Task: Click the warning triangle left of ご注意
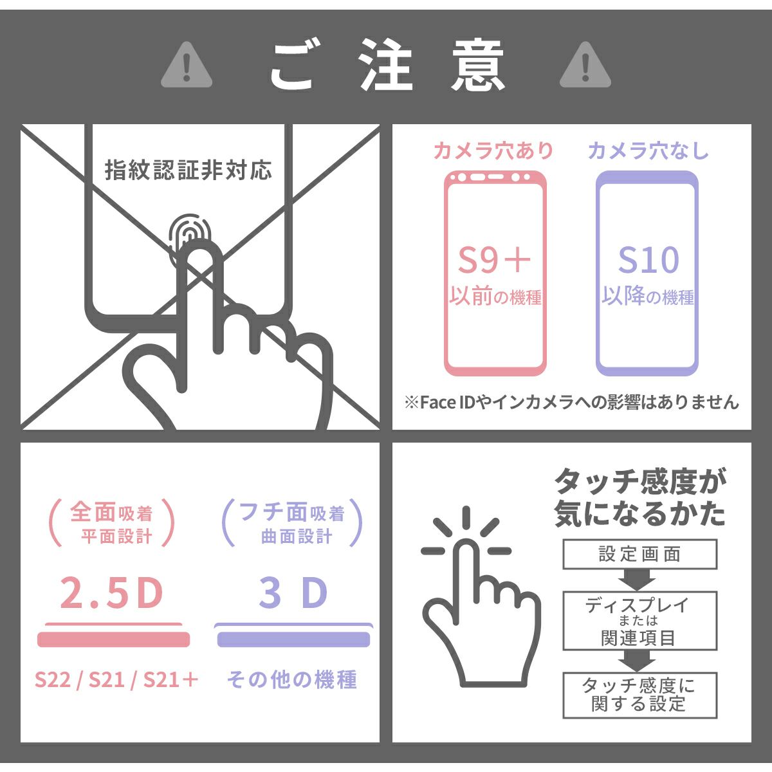coord(187,66)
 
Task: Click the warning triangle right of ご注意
coord(585,66)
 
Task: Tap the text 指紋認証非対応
coord(188,170)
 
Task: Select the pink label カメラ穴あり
coord(493,151)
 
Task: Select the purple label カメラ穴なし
coord(648,151)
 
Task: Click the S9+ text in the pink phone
coord(494,260)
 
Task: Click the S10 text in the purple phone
coord(648,260)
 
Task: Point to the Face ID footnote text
coord(572,402)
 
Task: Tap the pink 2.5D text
coord(112,593)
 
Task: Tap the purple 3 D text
coord(293,593)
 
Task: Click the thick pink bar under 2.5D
coord(113,639)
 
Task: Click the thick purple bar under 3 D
coord(293,639)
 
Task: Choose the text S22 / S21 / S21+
coord(116,680)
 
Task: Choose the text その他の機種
coord(292,680)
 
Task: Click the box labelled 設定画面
coord(639,555)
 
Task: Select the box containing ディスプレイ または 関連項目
coord(639,621)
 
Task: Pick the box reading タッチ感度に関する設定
coord(639,696)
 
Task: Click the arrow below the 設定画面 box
coord(637,580)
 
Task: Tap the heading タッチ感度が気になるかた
coord(639,498)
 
